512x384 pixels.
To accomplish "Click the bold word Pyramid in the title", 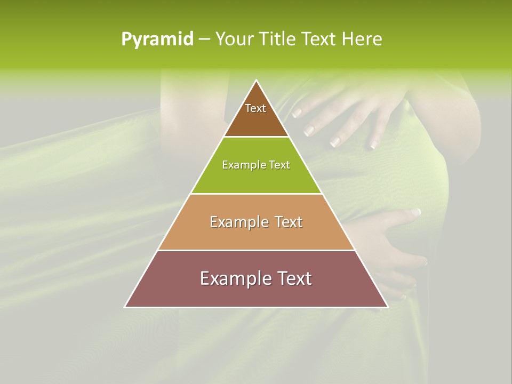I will pos(157,39).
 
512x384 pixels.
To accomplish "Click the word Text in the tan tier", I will pos(287,222).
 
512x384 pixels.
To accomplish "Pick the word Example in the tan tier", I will pos(239,222).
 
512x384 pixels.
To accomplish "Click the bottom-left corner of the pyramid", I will pos(125,307).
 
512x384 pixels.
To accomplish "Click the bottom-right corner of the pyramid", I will pos(388,307).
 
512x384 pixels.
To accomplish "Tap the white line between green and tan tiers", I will pos(256,194).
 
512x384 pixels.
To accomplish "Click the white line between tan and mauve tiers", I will pos(256,250).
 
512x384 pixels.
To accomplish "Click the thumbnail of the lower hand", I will pos(416,212).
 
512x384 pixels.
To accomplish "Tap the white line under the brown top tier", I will pos(256,137).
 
